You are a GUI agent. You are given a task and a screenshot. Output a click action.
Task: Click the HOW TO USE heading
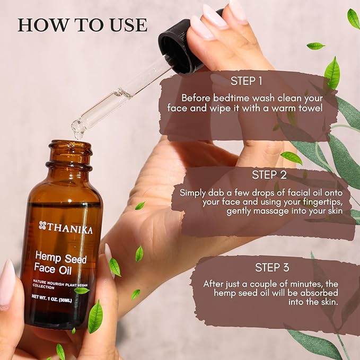coord(82,25)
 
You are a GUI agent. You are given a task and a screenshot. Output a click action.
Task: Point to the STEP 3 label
coord(273,267)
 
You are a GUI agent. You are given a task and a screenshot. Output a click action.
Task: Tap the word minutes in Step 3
coord(301,284)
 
